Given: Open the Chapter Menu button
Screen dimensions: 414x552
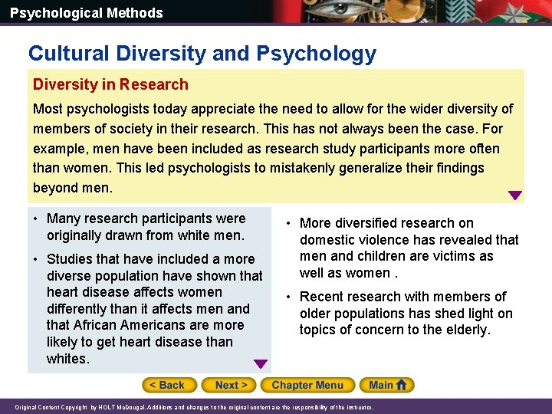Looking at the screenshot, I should (307, 385).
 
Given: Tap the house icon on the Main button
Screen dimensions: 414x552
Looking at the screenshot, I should (401, 385).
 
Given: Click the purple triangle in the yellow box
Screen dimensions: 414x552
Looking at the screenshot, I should (515, 195).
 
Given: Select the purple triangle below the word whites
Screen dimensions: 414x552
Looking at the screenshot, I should (261, 364).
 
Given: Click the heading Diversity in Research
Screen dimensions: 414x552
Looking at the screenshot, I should (110, 84).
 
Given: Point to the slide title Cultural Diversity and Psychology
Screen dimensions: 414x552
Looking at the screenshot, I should (202, 53).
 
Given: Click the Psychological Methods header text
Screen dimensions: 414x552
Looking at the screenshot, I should (87, 13).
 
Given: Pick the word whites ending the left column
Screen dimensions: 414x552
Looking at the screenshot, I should (67, 359).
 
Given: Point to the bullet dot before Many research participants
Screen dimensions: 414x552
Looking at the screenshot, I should (36, 219).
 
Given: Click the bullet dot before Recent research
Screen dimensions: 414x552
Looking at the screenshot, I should (289, 297).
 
